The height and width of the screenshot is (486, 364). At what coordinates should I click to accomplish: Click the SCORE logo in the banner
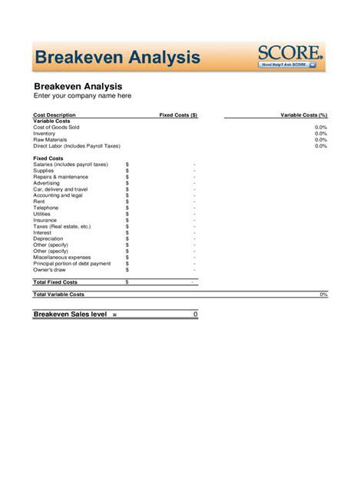[x=290, y=52]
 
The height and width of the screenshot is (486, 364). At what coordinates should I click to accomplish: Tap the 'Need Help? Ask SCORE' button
[x=288, y=65]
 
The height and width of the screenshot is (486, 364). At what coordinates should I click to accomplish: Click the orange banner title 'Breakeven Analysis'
[x=118, y=58]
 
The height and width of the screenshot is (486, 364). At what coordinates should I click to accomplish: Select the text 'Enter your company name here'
[x=82, y=96]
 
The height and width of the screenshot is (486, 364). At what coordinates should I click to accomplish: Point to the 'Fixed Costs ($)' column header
[x=178, y=115]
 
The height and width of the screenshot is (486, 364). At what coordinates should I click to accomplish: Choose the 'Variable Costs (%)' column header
[x=303, y=115]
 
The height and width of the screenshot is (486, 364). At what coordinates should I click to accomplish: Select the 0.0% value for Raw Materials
[x=321, y=139]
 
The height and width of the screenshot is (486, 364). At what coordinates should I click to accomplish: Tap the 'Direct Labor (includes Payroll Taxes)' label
[x=77, y=145]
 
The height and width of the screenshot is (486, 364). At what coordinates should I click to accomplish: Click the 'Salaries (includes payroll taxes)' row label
[x=71, y=165]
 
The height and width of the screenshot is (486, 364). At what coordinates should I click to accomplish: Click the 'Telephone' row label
[x=45, y=208]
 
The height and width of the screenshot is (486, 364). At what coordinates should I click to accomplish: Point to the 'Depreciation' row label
[x=48, y=238]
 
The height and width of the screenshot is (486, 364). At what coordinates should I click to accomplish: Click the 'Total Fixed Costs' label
[x=56, y=282]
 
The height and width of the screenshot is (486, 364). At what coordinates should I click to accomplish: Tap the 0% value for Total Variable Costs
[x=323, y=295]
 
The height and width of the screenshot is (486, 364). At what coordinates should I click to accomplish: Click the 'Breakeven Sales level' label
[x=70, y=314]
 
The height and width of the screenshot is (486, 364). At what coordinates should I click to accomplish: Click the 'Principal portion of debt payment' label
[x=72, y=263]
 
